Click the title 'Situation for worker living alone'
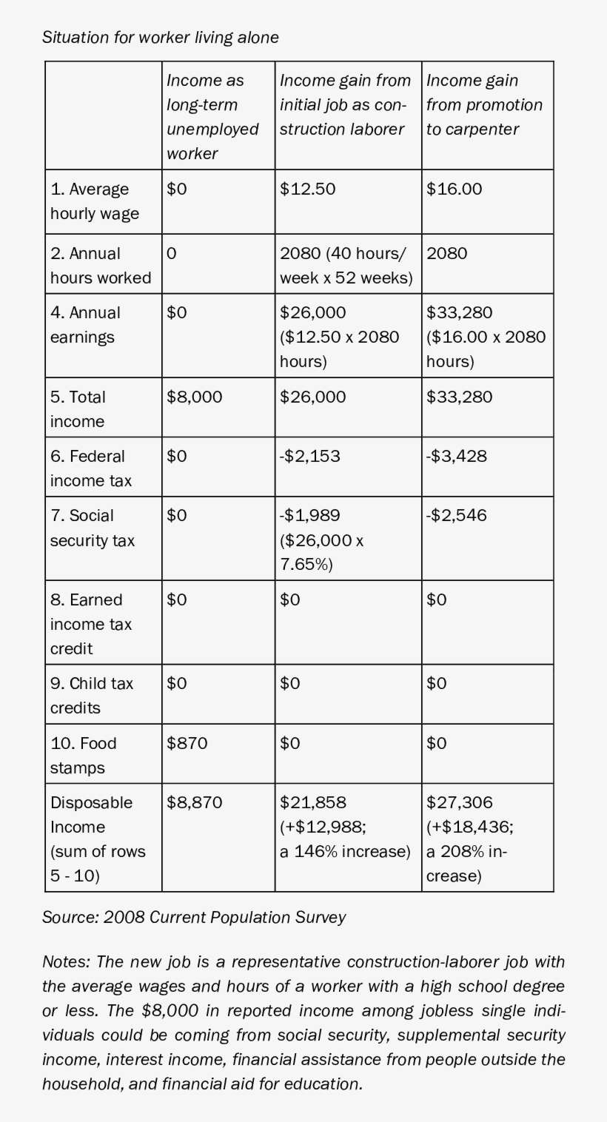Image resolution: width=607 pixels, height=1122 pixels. point(161,37)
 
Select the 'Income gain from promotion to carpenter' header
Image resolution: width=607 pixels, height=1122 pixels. point(484,105)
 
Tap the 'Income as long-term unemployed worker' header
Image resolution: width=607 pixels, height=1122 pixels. point(212,117)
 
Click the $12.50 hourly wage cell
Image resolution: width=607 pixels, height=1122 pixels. point(308,189)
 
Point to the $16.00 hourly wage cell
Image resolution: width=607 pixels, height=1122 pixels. point(454,189)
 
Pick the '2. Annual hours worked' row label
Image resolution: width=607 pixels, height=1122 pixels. point(100,265)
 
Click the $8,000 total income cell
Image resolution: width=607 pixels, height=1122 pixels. point(194,397)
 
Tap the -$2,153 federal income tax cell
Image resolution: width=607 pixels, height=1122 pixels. point(310,456)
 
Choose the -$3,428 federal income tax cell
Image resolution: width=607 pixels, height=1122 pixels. point(457,456)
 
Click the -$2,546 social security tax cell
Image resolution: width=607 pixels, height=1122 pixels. point(457,515)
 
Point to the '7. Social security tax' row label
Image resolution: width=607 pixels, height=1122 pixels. point(93,528)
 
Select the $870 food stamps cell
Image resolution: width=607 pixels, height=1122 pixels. point(187,743)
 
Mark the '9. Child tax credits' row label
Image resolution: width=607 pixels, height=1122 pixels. point(92,695)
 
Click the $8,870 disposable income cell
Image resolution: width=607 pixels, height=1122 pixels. point(194,802)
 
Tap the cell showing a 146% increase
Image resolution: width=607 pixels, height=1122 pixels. point(344,827)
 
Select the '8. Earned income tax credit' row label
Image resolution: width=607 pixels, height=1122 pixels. point(91,624)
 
